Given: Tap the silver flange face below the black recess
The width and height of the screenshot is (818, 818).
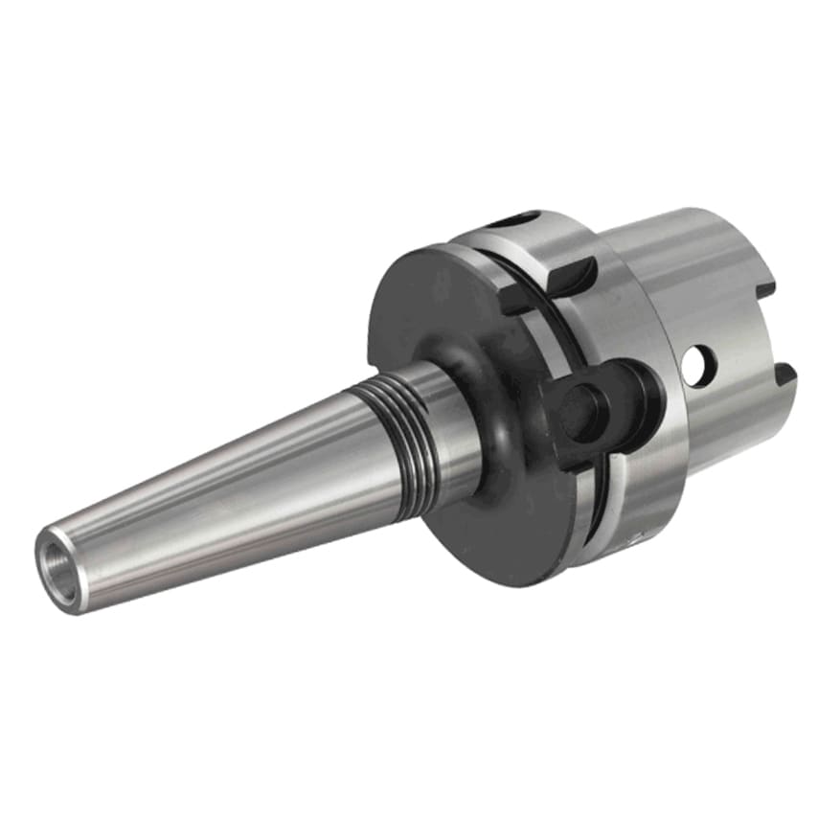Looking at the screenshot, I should click(x=623, y=479).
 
